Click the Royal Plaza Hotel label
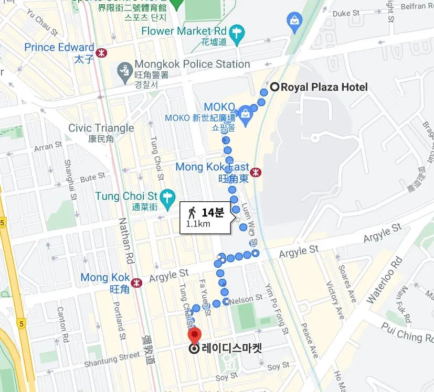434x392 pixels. coord(324,87)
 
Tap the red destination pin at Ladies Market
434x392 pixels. coord(195,335)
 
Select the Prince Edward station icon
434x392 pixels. coord(101,52)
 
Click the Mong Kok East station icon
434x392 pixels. coord(256,172)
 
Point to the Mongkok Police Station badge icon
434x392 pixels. coord(124,69)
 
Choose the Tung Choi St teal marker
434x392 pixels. coord(167,197)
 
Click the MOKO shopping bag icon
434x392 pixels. coord(244,112)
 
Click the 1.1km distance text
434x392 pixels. coord(198,224)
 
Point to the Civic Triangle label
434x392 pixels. coord(101,128)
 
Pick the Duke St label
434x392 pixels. coord(346,13)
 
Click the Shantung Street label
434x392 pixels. coord(112,359)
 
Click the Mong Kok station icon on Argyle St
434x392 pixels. coord(137,282)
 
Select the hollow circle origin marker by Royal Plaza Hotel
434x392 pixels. coord(274,86)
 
